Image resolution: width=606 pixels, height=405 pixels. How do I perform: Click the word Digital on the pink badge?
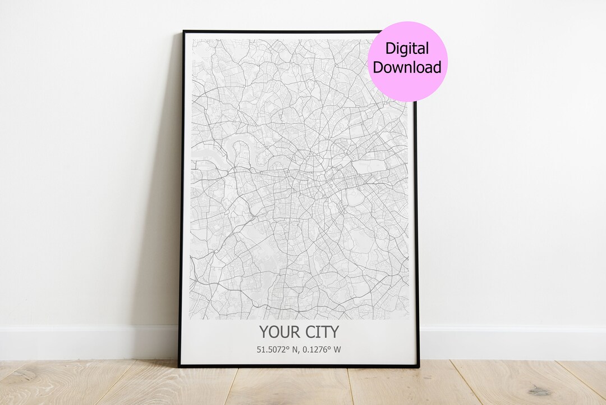tap(407, 48)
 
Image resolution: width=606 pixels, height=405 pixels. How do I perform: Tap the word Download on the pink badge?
tap(407, 68)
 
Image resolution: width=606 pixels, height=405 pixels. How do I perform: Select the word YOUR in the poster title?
tap(278, 332)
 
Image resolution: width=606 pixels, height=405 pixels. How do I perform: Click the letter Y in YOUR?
tap(263, 332)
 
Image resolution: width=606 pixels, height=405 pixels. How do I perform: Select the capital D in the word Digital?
tap(390, 48)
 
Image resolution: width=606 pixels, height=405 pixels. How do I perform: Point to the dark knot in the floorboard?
tap(539, 391)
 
